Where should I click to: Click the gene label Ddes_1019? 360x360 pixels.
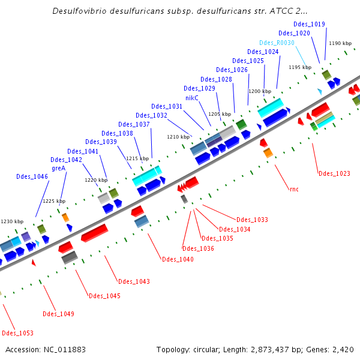(310, 25)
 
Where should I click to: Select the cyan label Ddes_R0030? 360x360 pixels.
(277, 43)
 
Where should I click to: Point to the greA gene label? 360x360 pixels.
(58, 169)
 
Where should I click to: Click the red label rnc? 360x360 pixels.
(293, 190)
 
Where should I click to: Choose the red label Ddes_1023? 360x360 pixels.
(334, 174)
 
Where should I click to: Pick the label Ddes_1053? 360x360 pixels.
(17, 333)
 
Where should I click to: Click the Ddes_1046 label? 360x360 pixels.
(32, 177)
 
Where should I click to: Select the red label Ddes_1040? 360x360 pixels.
(178, 259)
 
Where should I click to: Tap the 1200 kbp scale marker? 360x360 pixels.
(260, 91)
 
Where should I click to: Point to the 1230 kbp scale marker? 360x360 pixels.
(12, 222)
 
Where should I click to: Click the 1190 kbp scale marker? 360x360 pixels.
(340, 43)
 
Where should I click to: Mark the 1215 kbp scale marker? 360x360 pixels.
(137, 158)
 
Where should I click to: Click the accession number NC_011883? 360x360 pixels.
(65, 349)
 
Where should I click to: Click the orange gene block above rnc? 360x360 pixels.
(268, 153)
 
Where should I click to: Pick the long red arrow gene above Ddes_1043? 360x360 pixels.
(94, 233)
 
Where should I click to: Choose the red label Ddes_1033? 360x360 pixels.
(252, 220)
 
